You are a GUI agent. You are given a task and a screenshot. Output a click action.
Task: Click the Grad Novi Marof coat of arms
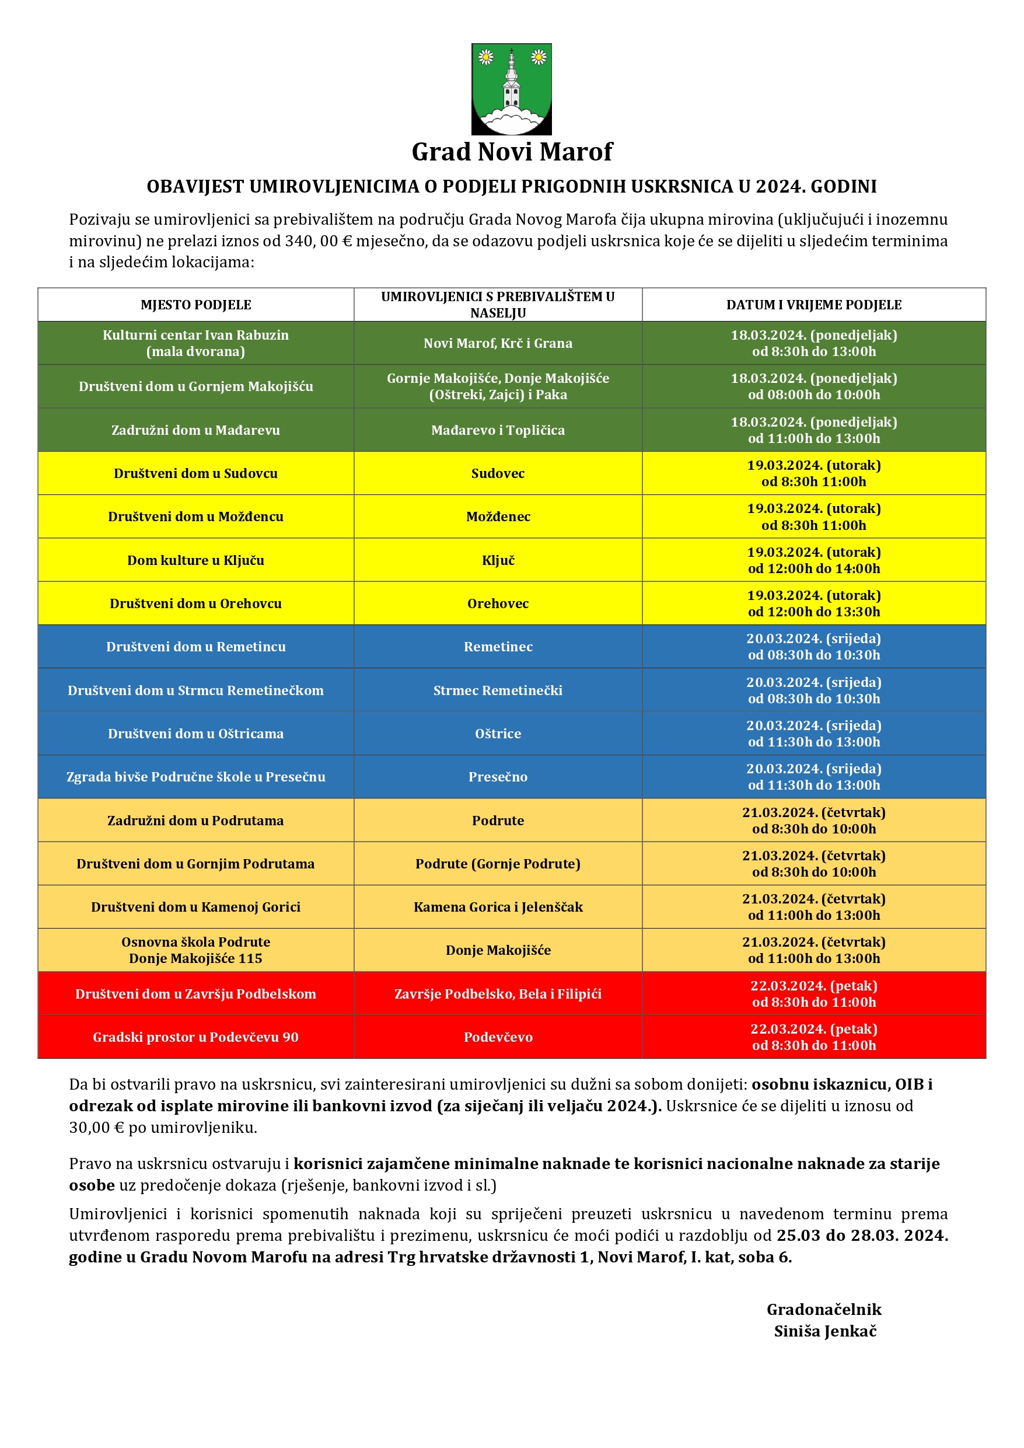pos(511,89)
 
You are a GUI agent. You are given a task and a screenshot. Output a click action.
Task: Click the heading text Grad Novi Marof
pos(511,152)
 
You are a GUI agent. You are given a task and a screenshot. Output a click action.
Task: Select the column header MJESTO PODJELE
pos(195,305)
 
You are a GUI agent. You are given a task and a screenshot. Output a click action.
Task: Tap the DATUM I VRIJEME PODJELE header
pos(813,305)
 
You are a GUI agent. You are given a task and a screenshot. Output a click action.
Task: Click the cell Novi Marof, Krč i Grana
pos(498,343)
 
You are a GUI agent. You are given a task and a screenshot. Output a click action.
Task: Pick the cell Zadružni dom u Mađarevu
pos(195,430)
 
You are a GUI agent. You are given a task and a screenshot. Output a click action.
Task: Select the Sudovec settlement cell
pos(498,474)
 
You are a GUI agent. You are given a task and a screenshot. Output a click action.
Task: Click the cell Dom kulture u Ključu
pos(195,560)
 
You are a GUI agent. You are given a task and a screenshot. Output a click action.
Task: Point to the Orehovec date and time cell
pos(813,603)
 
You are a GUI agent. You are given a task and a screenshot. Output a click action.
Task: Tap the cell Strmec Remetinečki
pos(498,690)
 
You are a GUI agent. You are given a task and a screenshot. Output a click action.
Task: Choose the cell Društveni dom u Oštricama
pos(195,734)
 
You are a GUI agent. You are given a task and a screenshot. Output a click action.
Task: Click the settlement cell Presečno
pos(498,777)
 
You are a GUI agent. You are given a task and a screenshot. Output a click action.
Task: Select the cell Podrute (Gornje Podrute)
pos(498,864)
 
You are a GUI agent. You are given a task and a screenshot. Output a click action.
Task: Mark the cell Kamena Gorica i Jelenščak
pos(498,907)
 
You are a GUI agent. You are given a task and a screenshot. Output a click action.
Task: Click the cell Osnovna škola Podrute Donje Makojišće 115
pos(195,950)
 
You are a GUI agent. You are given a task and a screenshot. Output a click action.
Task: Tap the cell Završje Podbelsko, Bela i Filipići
pos(498,994)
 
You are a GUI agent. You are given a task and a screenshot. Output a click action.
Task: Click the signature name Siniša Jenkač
pos(825,1331)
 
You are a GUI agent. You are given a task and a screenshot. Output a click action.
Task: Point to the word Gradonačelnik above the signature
pos(823,1310)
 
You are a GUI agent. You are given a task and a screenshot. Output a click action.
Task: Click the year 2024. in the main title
pos(781,187)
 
